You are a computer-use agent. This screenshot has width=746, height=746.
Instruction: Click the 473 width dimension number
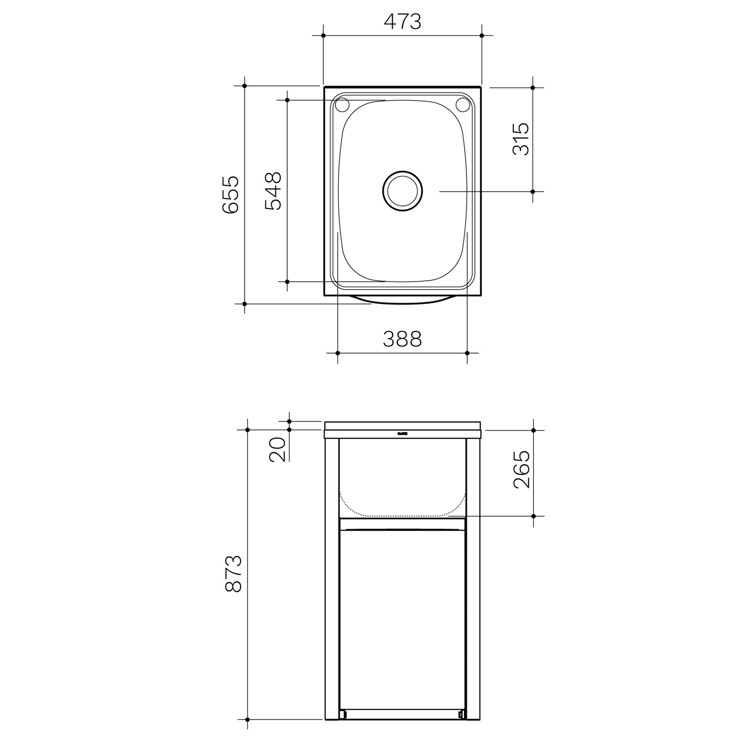pos(402,22)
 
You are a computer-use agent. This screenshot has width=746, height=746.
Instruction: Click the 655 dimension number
pos(231,194)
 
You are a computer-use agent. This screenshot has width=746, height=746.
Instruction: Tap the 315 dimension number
pos(521,139)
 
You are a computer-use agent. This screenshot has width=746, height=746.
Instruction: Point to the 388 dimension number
pos(402,339)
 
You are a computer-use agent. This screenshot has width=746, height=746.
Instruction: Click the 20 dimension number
pos(278,449)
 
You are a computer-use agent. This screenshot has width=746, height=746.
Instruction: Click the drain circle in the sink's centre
pos(403,191)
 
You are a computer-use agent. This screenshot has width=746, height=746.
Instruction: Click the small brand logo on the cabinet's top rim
pos(403,433)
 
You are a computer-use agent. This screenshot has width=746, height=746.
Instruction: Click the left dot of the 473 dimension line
pos(323,35)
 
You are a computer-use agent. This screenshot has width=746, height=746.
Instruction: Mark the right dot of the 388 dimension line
pos(467,353)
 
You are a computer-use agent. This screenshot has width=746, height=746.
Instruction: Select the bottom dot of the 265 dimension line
pos(534,516)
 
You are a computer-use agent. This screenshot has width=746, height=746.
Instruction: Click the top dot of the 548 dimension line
pos(287,100)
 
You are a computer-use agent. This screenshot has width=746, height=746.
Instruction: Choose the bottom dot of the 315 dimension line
pos(533,191)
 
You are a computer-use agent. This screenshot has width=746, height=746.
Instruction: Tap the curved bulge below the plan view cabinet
pos(402,301)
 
